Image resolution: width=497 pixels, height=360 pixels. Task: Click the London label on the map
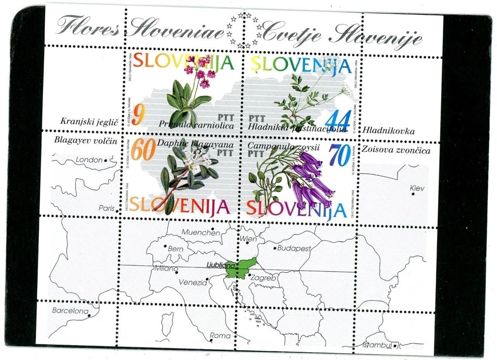tap(89, 160)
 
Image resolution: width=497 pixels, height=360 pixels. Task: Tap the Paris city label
tap(106, 208)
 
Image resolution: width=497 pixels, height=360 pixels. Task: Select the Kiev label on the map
tap(417, 188)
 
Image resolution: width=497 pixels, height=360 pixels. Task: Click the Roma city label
tap(220, 336)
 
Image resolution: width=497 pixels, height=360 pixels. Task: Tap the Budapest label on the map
tap(294, 248)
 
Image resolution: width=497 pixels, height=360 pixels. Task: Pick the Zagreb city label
tap(263, 278)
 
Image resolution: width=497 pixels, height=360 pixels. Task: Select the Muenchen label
tap(200, 232)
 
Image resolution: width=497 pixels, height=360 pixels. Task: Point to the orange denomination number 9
tap(137, 114)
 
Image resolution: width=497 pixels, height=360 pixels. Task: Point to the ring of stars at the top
tap(244, 31)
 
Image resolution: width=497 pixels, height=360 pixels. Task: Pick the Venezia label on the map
tap(193, 283)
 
